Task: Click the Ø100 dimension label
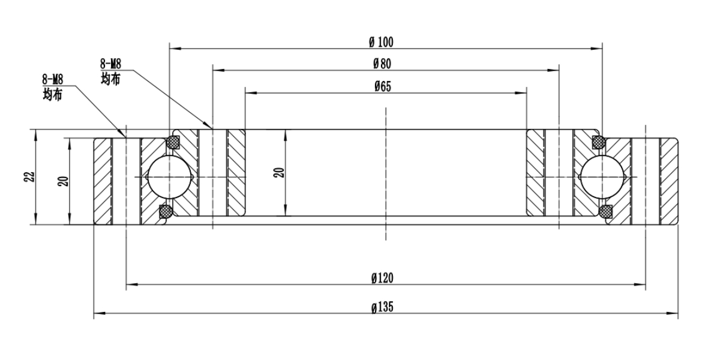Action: pos(381,41)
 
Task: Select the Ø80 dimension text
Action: pos(382,63)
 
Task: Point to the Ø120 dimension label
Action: pos(382,278)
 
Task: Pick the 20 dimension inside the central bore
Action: pos(278,173)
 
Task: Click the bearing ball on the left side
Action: pos(170,177)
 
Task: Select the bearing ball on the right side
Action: pos(602,177)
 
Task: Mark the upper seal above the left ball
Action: pos(173,142)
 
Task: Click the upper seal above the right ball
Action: pos(598,142)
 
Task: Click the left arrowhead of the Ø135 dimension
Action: pos(98,313)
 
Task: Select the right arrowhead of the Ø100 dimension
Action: pos(598,48)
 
